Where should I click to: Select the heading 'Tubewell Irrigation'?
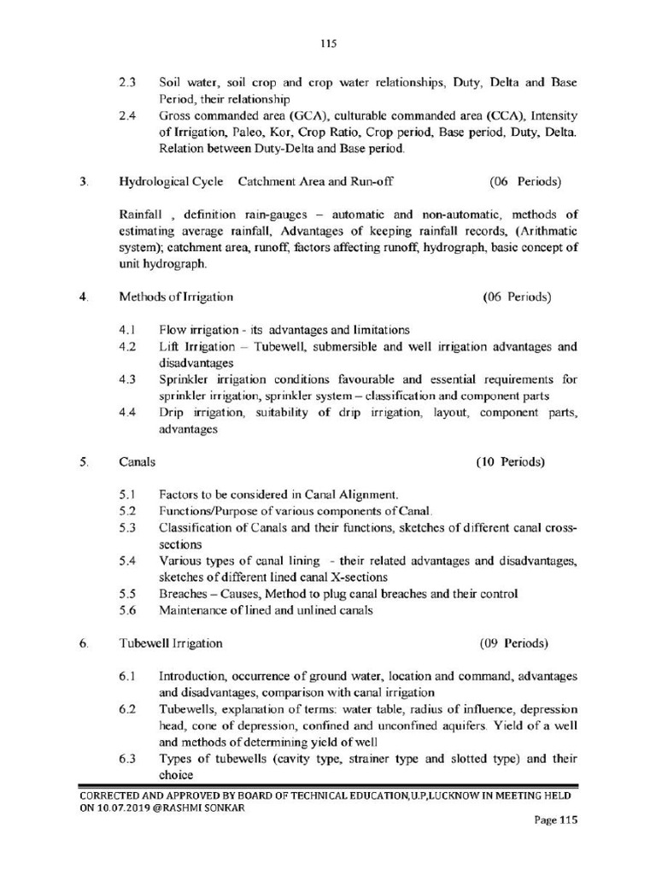click(x=171, y=643)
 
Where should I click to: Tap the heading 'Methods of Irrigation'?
click(x=176, y=297)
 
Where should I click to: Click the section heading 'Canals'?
click(x=137, y=461)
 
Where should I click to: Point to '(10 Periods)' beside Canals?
click(x=510, y=461)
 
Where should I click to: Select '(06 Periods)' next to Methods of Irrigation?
click(x=517, y=297)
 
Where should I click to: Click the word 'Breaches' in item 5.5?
click(x=183, y=593)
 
